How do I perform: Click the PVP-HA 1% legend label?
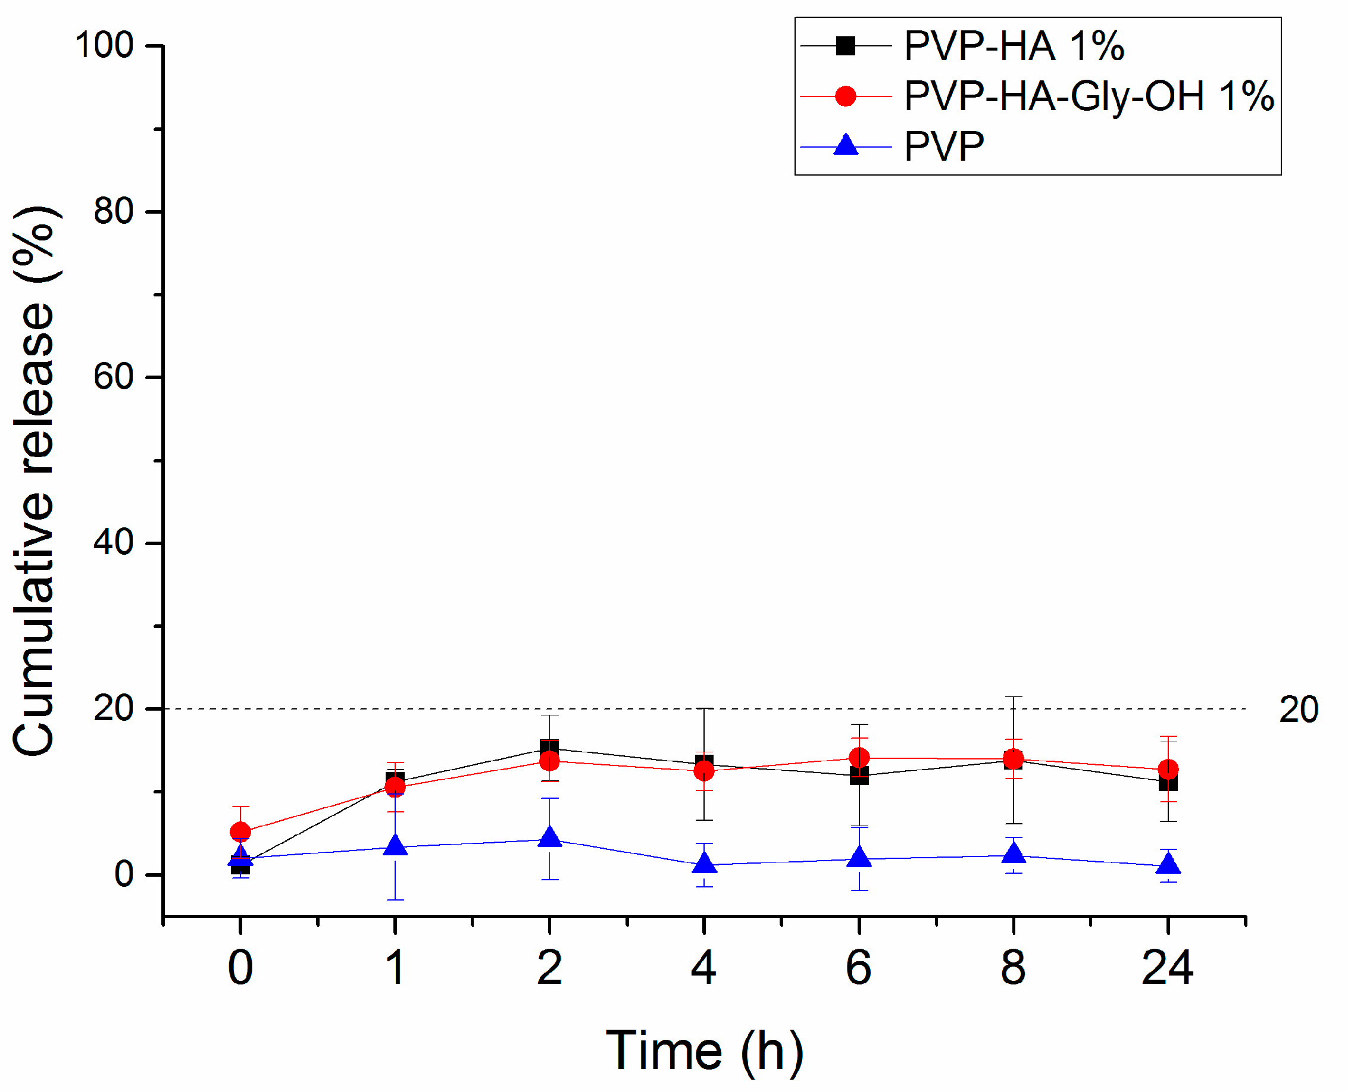[x=1014, y=46]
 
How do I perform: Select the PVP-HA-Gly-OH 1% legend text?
[x=1089, y=97]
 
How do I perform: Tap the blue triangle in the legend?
[x=846, y=145]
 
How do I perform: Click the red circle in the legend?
[x=846, y=96]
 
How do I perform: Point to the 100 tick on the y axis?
[x=104, y=46]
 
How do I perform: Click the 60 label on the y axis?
[x=114, y=377]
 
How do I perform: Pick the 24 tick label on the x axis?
[x=1167, y=968]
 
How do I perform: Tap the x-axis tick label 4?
[x=703, y=968]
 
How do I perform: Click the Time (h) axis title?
[x=704, y=1051]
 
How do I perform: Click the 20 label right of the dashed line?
[x=1299, y=710]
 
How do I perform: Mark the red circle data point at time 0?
[x=240, y=832]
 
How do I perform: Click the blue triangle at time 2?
[x=550, y=837]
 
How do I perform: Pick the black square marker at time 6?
[x=859, y=776]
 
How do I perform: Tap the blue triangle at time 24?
[x=1168, y=865]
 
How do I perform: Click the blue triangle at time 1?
[x=395, y=846]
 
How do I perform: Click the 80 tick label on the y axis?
[x=114, y=212]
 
